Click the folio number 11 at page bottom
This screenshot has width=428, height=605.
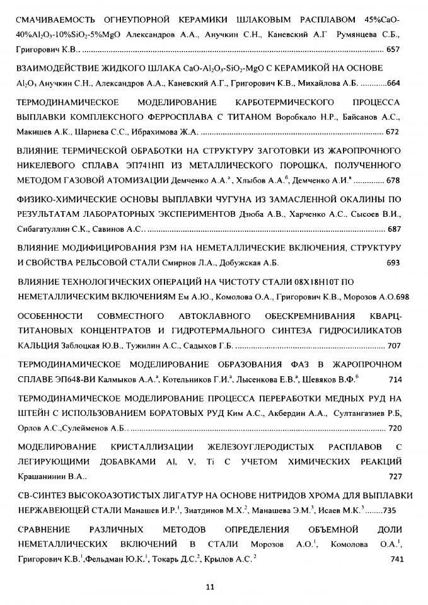(x=211, y=587)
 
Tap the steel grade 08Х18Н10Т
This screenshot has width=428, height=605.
(x=315, y=279)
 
